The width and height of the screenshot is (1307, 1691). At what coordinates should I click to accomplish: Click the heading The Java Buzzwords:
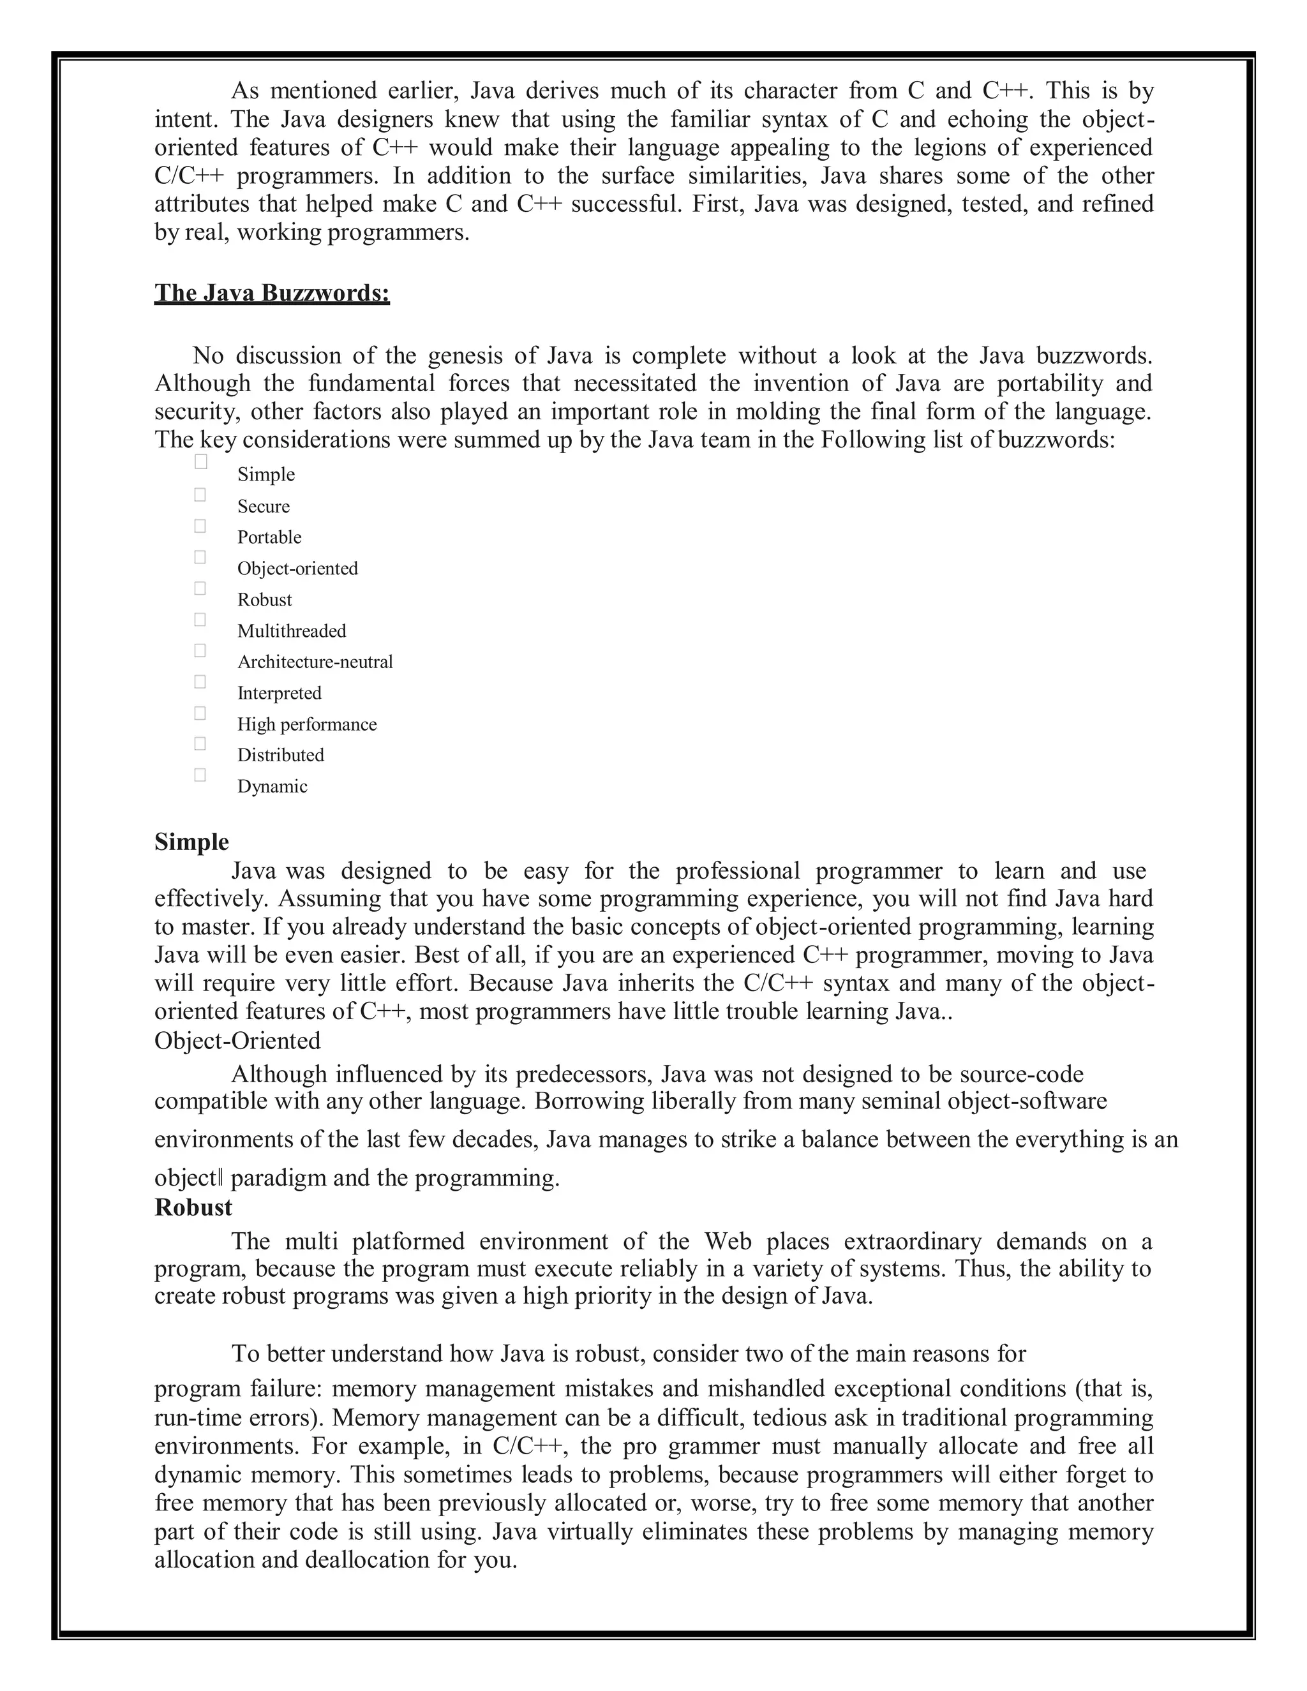pyautogui.click(x=272, y=294)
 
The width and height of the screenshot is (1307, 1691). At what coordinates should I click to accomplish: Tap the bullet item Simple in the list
pyautogui.click(x=265, y=474)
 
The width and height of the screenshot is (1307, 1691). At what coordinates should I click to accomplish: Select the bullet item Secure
pyautogui.click(x=264, y=507)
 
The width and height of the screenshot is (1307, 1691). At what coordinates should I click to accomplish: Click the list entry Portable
pyautogui.click(x=269, y=537)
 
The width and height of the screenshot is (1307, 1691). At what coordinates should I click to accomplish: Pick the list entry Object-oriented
pyautogui.click(x=297, y=569)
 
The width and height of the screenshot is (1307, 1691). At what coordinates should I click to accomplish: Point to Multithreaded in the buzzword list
pyautogui.click(x=291, y=631)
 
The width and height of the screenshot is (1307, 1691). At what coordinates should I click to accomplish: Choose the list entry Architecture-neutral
pyautogui.click(x=315, y=662)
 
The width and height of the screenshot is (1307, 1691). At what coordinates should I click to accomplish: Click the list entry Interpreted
pyautogui.click(x=279, y=693)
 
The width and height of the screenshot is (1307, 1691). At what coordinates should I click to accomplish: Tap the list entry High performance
pyautogui.click(x=306, y=724)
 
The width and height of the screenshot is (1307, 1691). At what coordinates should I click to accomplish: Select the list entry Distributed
pyautogui.click(x=280, y=755)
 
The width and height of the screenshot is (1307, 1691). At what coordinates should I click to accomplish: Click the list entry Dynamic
pyautogui.click(x=272, y=787)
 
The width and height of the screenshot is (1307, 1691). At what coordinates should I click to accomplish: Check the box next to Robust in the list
pyautogui.click(x=200, y=588)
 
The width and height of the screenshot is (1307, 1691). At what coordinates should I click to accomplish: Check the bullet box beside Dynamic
pyautogui.click(x=200, y=775)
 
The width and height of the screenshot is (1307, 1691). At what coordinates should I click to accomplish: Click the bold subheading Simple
pyautogui.click(x=191, y=842)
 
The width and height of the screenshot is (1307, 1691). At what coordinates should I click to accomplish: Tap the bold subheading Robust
pyautogui.click(x=193, y=1208)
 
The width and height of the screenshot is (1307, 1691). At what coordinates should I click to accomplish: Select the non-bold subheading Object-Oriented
pyautogui.click(x=237, y=1041)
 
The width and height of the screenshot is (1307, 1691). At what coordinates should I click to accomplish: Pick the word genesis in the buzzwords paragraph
pyautogui.click(x=464, y=355)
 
